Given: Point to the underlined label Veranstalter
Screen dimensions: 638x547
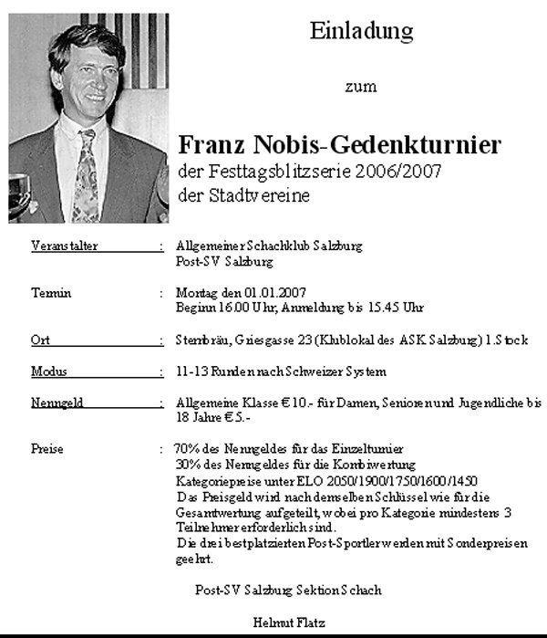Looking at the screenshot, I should pos(64,246).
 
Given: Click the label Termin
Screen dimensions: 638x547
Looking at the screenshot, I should pos(51,293).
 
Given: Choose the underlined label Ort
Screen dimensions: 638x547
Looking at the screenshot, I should pos(39,340).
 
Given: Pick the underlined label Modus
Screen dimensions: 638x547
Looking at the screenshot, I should pos(48,371).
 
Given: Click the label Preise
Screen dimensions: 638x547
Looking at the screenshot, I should pos(47,449).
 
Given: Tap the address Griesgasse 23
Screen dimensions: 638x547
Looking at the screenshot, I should pos(268,340).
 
